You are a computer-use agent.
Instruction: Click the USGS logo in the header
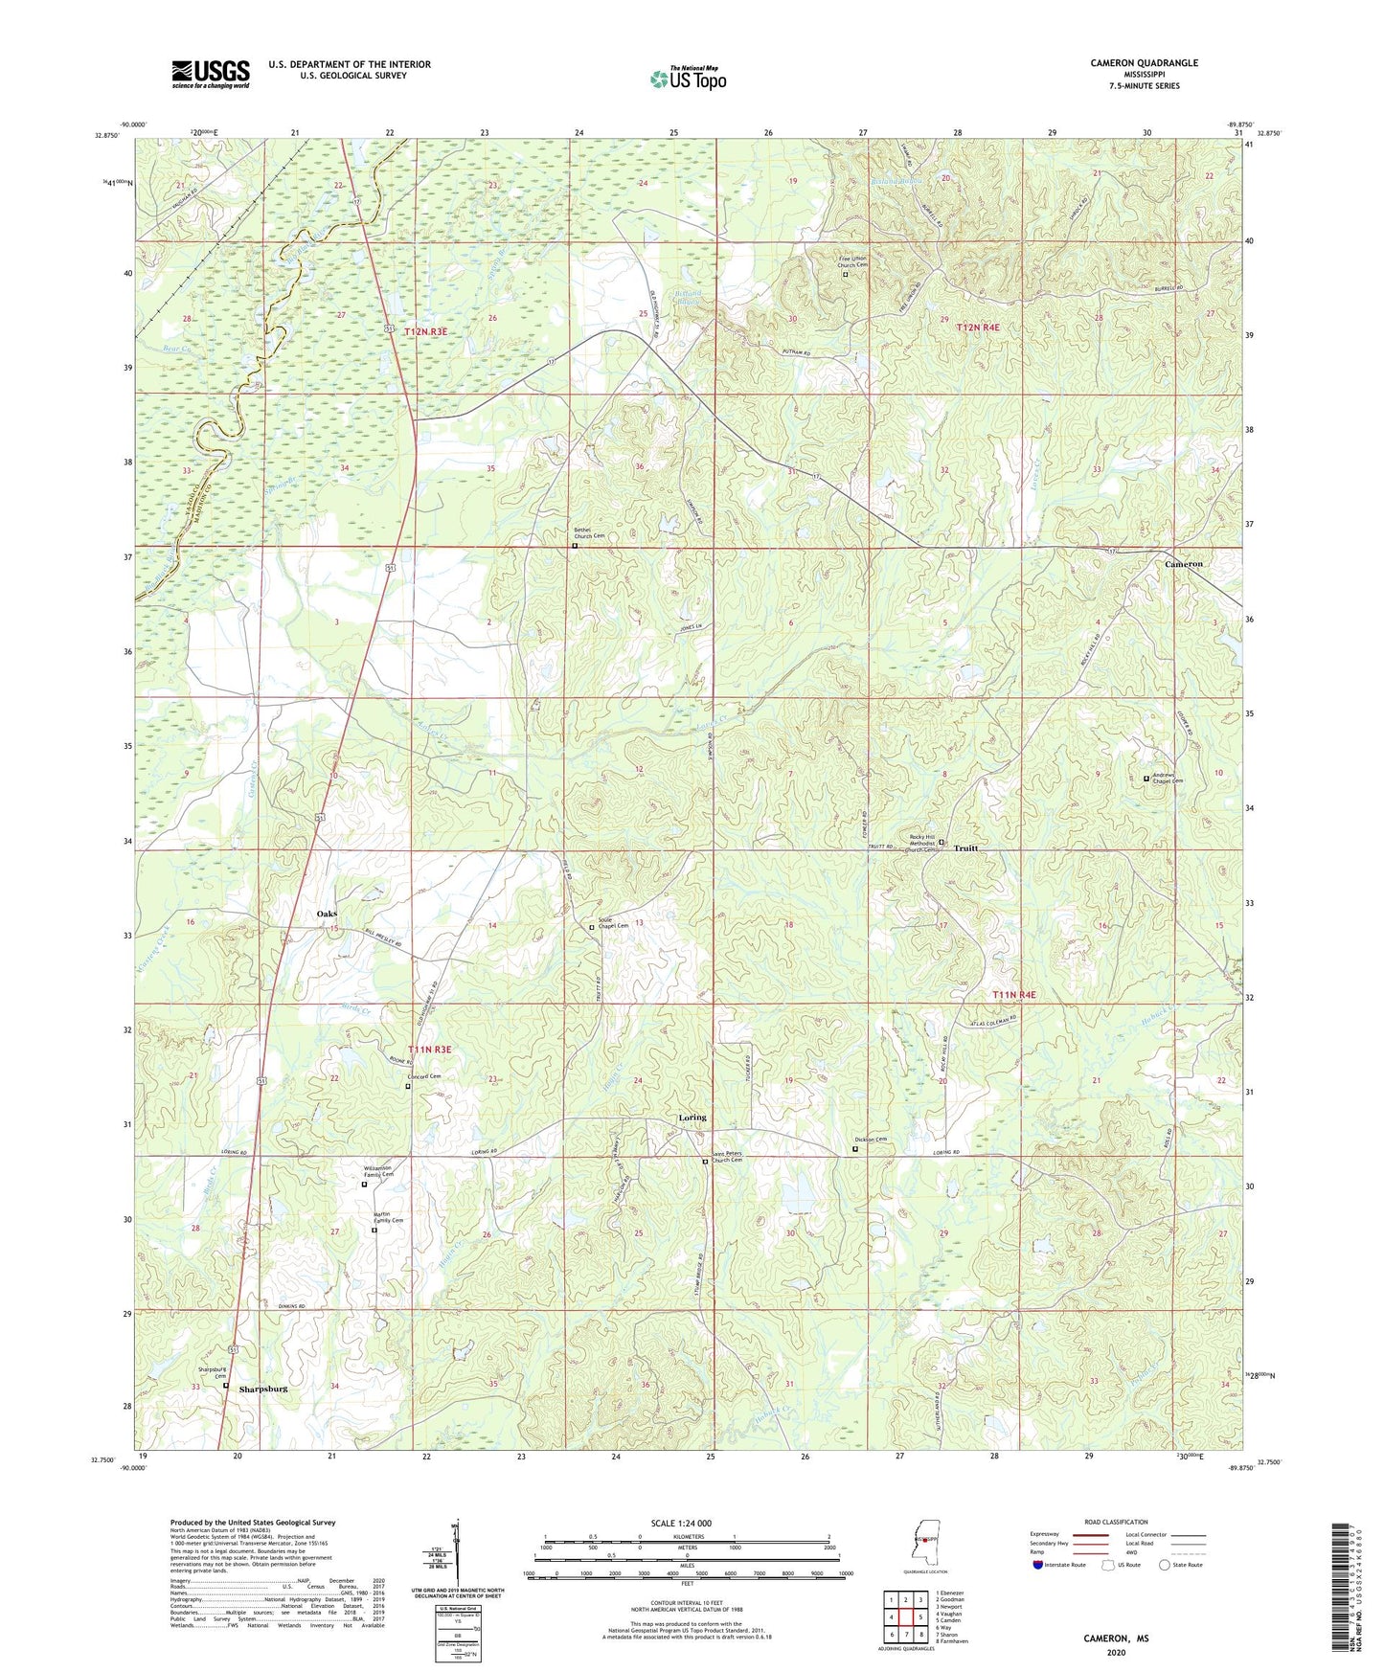coord(211,74)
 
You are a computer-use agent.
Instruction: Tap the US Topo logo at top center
coord(687,79)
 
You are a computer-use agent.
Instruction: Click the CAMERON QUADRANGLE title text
coord(1144,63)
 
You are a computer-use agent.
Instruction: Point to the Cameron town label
coord(1183,564)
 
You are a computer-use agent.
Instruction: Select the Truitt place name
coord(966,848)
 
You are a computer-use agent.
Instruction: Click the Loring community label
coord(692,1118)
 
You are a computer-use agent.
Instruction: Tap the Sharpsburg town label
coord(263,1389)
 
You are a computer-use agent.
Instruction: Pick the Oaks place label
coord(327,914)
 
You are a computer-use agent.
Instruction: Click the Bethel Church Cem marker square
coord(575,547)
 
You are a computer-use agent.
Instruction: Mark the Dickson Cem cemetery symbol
coord(855,1149)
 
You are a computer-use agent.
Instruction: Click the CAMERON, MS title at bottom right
coord(1116,1638)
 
